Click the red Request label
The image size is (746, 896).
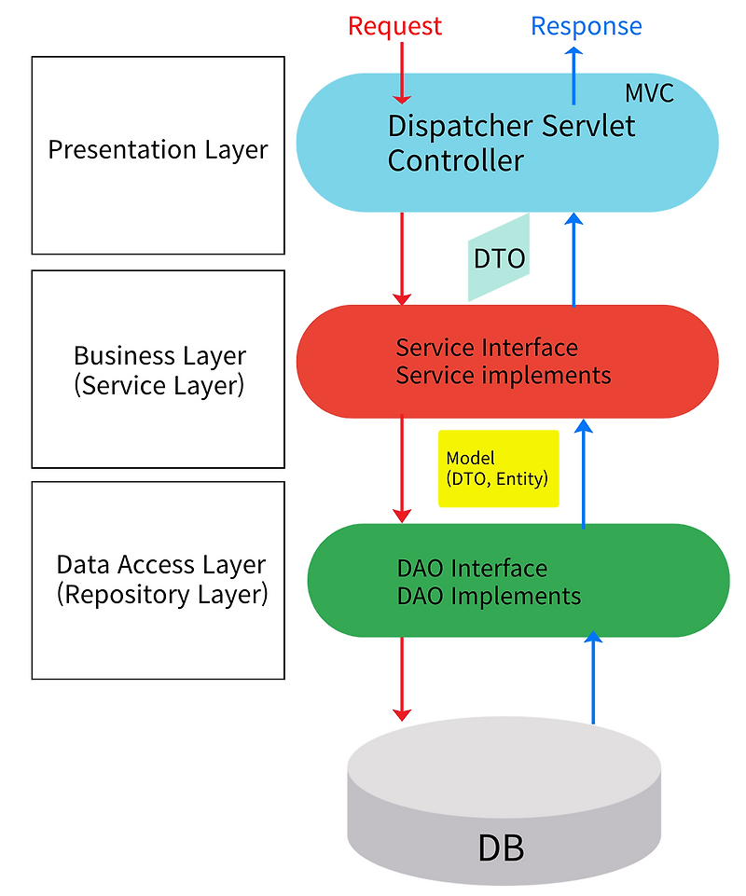click(x=394, y=25)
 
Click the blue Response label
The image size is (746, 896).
click(x=586, y=25)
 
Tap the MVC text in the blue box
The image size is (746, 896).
click(x=648, y=93)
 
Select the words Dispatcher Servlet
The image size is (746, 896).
click(x=511, y=126)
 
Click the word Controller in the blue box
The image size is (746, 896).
click(x=455, y=160)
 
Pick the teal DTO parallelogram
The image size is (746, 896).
click(x=498, y=258)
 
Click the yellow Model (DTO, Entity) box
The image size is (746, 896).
click(x=498, y=468)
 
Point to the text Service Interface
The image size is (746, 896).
click(x=487, y=348)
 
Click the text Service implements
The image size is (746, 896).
click(x=503, y=376)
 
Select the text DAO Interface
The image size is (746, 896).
click(x=472, y=568)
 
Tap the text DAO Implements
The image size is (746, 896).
click(x=489, y=596)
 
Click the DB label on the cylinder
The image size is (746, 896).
click(x=501, y=848)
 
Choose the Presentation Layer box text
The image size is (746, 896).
click(x=158, y=149)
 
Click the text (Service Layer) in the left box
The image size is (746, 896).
click(x=159, y=385)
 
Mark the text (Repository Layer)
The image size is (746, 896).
click(x=161, y=594)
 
